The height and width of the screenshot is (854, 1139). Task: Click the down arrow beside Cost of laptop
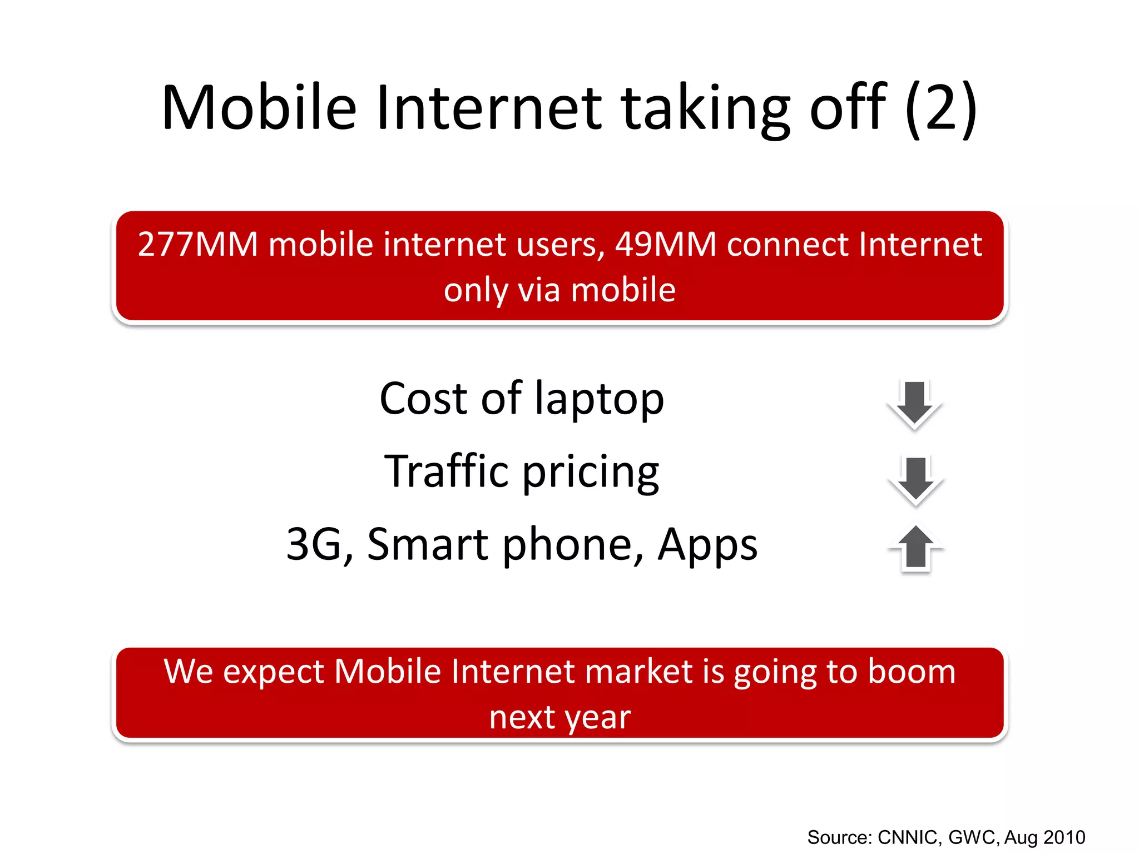tap(914, 404)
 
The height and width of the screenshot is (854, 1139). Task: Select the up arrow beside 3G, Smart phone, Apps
tap(915, 548)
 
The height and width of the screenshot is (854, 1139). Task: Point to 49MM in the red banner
tap(665, 245)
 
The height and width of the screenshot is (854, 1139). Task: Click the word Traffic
tap(447, 471)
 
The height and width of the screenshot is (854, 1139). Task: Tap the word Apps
tap(707, 544)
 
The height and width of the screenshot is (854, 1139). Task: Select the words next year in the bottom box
tap(559, 717)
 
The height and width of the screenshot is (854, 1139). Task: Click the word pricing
tap(590, 472)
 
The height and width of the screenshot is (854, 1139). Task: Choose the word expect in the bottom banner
tap(273, 672)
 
